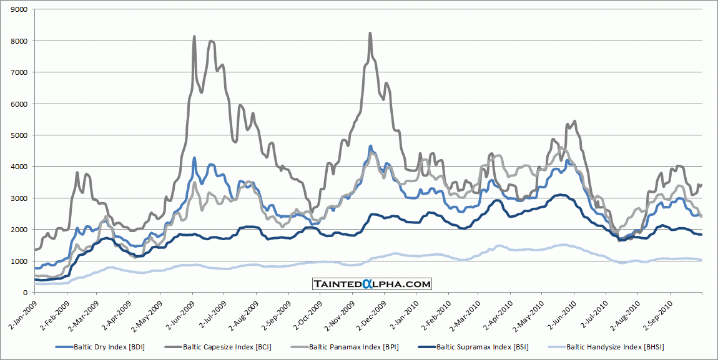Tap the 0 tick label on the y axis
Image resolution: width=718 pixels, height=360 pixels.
(25, 293)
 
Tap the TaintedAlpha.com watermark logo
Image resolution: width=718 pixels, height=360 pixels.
(372, 284)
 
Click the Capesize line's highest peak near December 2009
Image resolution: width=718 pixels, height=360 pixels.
(370, 33)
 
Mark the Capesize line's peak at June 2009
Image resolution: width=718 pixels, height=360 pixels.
(194, 37)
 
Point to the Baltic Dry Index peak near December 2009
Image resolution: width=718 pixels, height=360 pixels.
(371, 146)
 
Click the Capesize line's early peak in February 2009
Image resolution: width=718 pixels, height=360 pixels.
(77, 173)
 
